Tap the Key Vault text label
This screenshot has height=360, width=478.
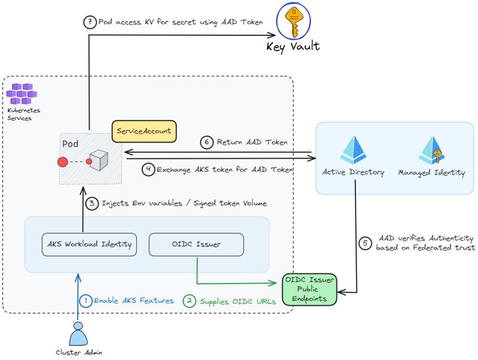click(x=293, y=47)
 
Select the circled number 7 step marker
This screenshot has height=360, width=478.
click(x=89, y=22)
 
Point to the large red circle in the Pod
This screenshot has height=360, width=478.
click(x=62, y=162)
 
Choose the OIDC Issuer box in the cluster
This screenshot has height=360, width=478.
click(x=197, y=244)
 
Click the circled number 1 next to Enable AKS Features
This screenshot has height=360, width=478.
click(x=86, y=301)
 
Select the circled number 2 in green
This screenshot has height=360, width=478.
click(x=189, y=301)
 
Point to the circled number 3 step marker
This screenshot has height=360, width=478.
click(x=92, y=203)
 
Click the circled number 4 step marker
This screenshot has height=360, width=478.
click(x=148, y=170)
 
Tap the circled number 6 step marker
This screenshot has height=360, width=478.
click(x=206, y=142)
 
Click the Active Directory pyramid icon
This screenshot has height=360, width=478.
click(x=353, y=150)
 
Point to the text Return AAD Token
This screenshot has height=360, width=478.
click(x=253, y=142)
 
